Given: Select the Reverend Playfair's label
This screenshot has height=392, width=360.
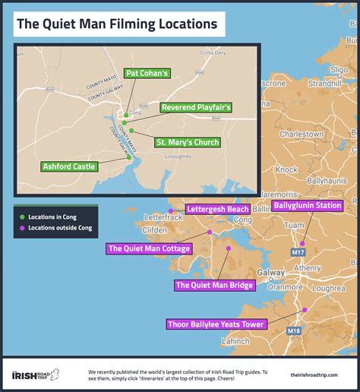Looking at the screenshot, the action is pos(196,108).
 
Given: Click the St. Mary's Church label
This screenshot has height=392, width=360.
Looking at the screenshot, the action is pos(187,142).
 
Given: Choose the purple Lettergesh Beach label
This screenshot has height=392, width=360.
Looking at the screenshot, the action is pos(218,209).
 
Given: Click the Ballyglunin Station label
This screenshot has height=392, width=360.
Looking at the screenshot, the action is pos(308,206).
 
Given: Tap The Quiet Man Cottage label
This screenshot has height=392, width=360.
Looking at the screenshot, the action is pos(149,248).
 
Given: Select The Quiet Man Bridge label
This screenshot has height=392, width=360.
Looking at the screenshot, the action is pos(214,286).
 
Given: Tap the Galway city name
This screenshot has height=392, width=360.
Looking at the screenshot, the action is pos(251,271).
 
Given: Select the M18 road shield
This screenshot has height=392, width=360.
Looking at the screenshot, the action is pos(292,331).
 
